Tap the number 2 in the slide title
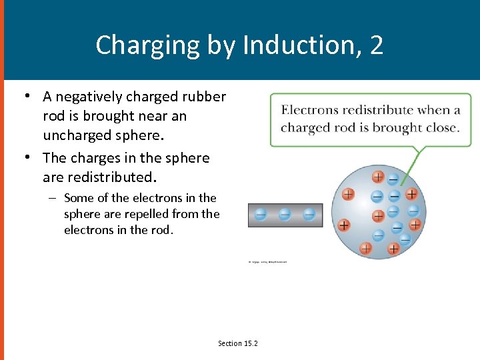[377, 45]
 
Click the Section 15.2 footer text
[238, 343]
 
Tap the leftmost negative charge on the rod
[261, 215]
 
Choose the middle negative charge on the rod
[285, 215]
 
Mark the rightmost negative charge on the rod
[309, 215]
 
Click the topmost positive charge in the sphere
[378, 177]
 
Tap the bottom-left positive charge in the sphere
[365, 248]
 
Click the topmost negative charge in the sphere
[393, 178]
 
